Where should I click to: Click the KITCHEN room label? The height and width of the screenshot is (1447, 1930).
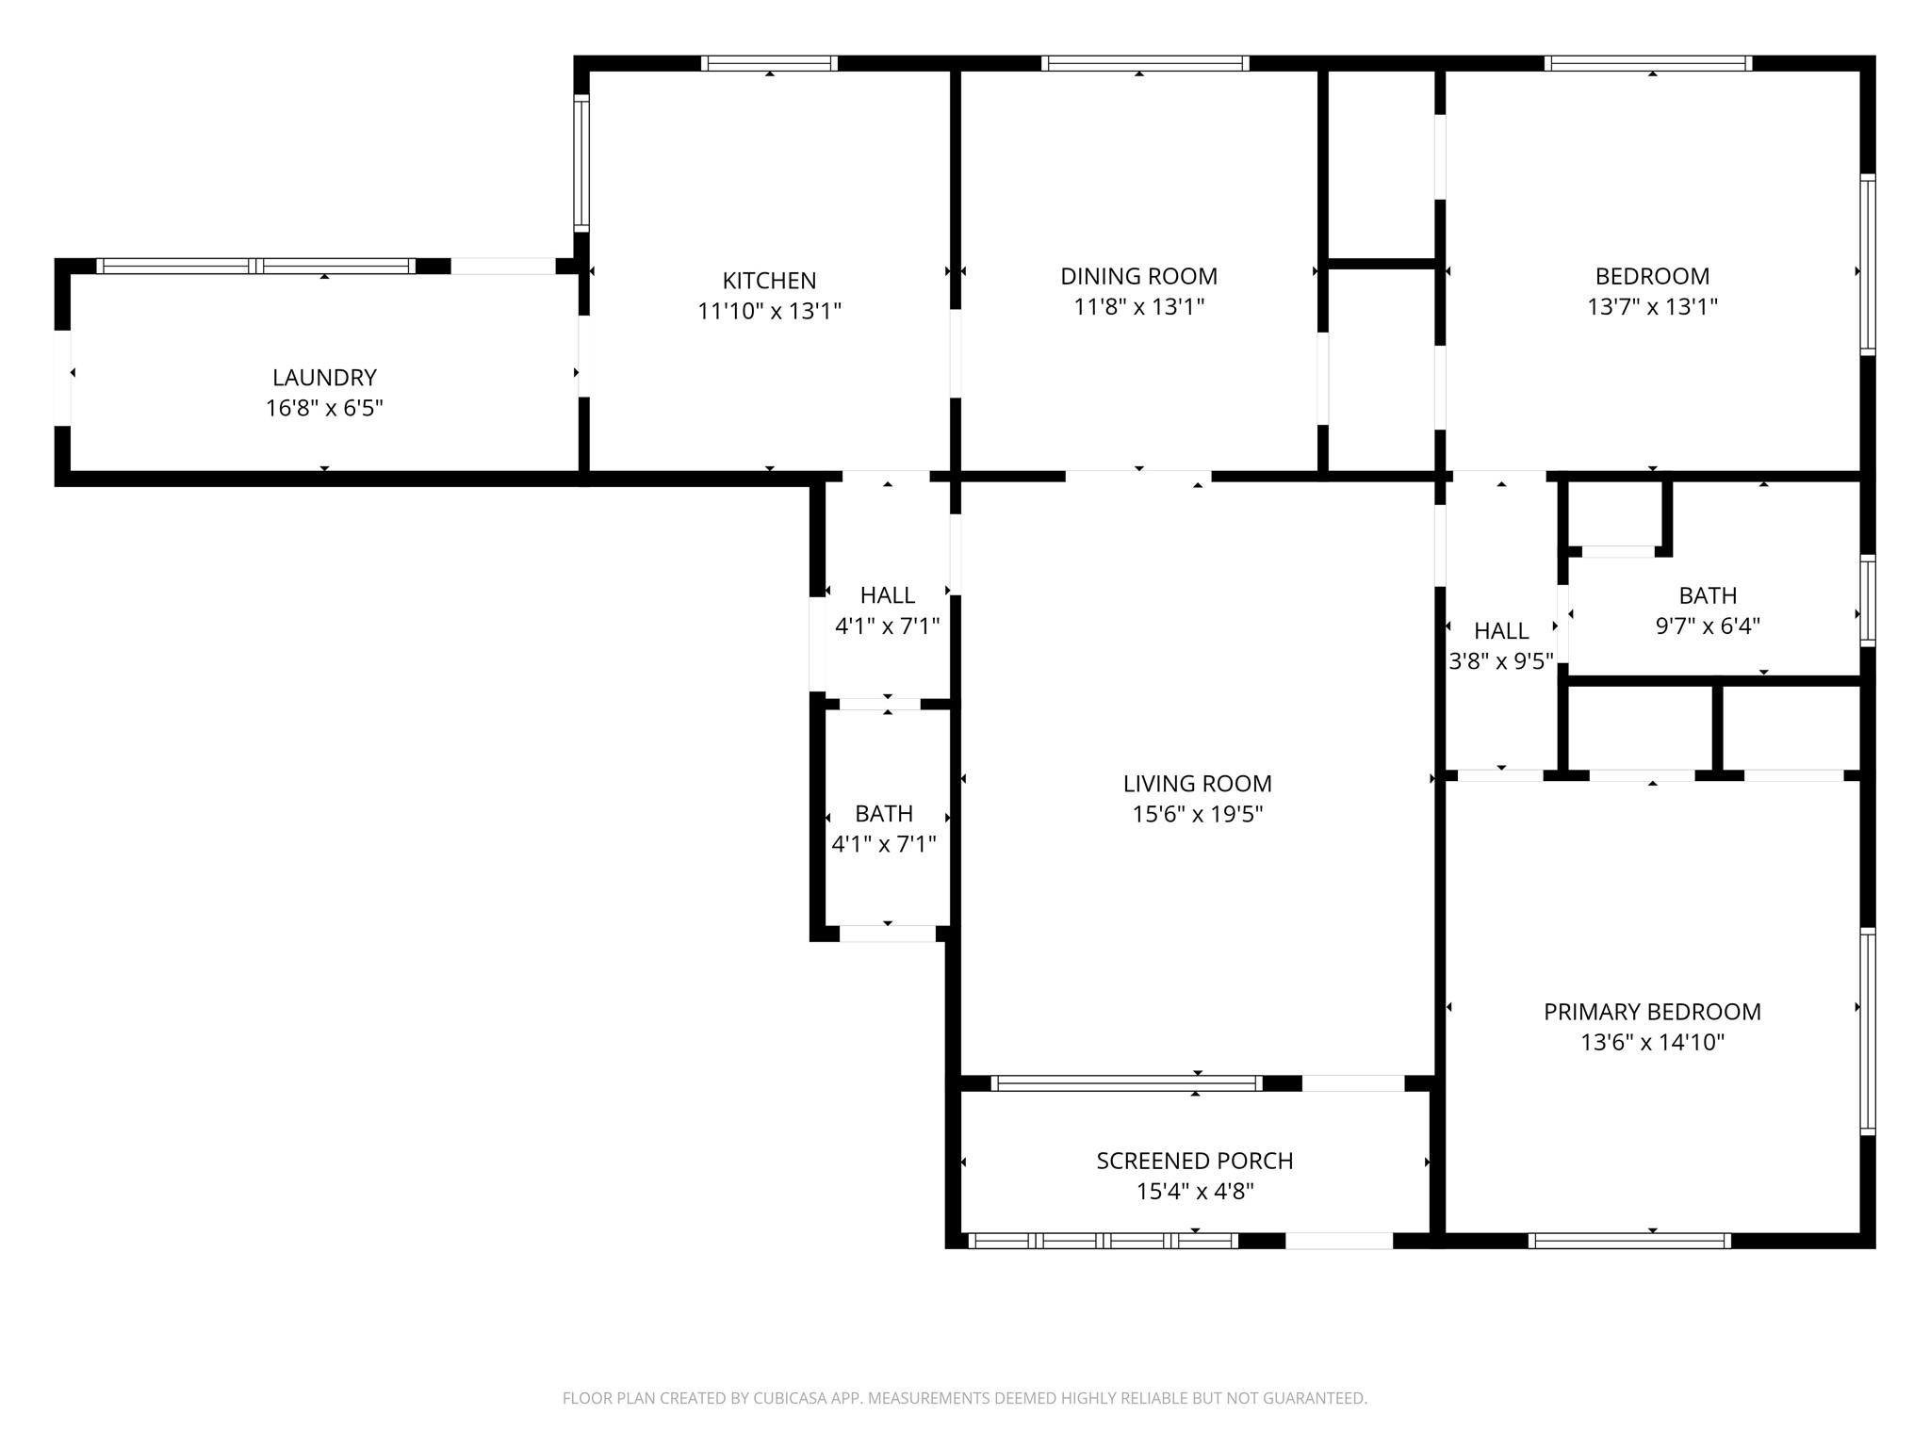[769, 281]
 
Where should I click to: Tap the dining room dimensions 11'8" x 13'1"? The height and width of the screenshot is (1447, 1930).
[1139, 307]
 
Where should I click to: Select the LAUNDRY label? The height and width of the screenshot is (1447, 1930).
[324, 378]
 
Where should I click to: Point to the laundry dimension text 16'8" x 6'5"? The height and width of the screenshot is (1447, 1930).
[324, 409]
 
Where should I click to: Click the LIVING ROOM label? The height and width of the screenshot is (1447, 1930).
[1197, 784]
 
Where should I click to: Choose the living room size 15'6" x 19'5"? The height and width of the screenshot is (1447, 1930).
[1197, 814]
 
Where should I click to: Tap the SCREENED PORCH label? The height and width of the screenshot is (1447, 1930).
[1195, 1161]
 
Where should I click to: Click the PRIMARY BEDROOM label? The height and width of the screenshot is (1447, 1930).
[1652, 1012]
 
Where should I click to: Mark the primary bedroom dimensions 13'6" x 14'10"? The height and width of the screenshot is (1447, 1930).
[1652, 1042]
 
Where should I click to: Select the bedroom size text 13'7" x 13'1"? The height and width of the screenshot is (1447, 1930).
[1652, 307]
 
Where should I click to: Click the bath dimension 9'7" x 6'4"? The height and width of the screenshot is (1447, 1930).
[1708, 626]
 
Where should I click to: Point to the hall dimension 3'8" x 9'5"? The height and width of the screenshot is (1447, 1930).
[1501, 661]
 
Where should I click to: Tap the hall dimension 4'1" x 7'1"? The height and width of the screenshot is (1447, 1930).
[887, 626]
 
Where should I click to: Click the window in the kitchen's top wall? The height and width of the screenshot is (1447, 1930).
[769, 63]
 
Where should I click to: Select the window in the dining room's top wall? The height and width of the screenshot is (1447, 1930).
[1145, 63]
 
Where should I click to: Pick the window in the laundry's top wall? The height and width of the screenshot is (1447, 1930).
[256, 266]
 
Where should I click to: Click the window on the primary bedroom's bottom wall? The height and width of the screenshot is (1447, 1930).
[1629, 1241]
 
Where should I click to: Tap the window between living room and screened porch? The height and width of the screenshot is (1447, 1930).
[1126, 1083]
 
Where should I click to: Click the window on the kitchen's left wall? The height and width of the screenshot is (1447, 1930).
[582, 163]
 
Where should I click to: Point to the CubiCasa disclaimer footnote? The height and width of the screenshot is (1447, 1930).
[965, 1398]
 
